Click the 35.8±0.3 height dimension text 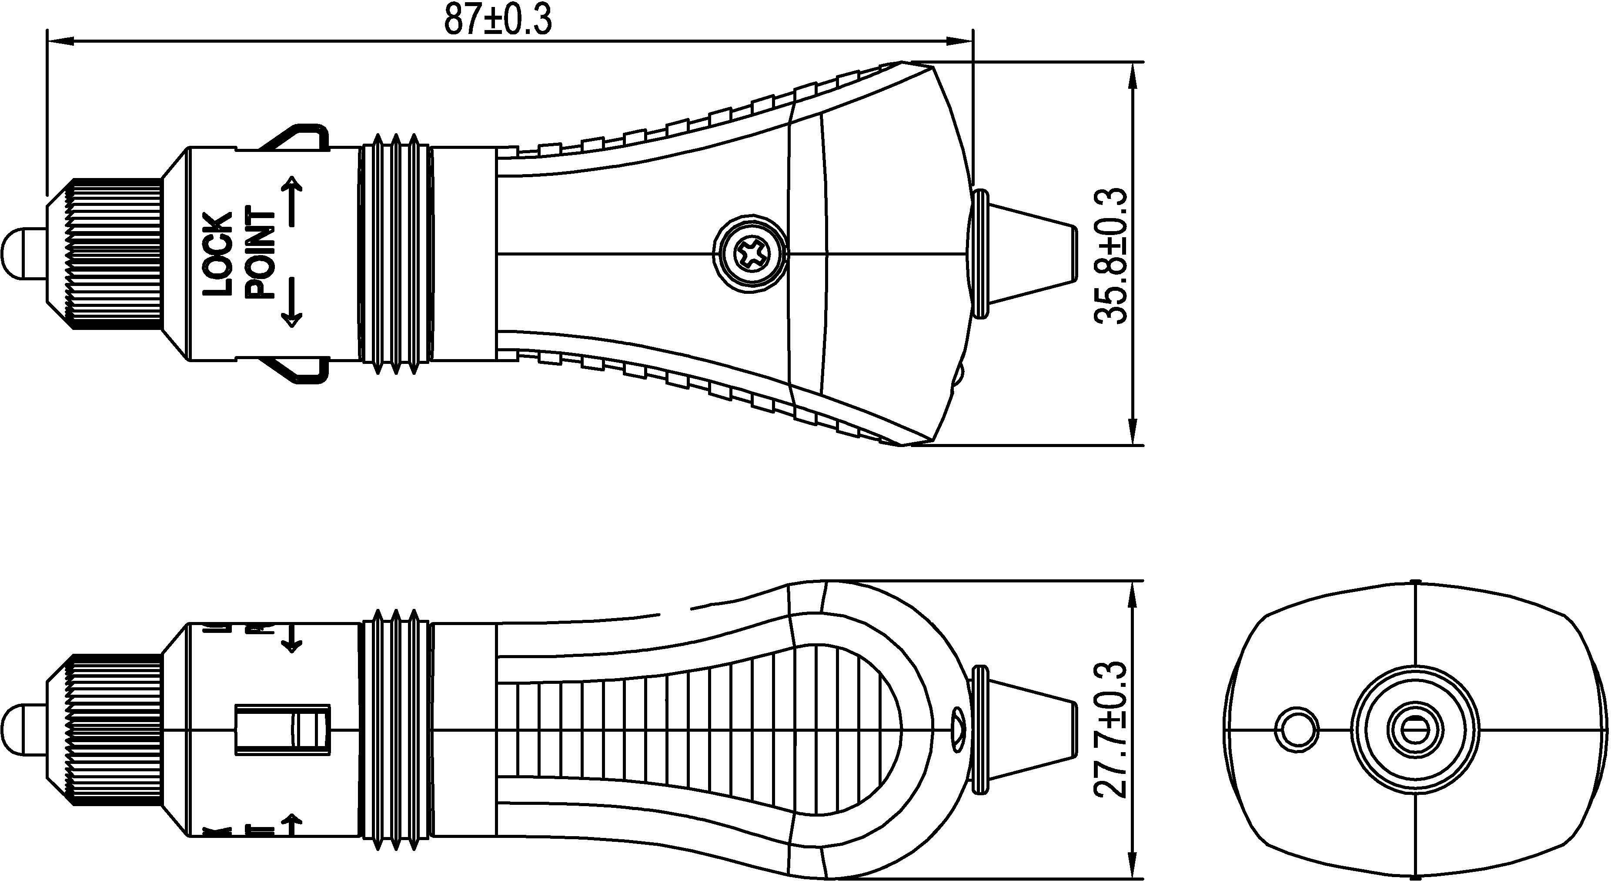[1111, 255]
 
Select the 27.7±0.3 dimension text [1111, 729]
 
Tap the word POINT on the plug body [260, 253]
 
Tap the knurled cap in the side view [116, 729]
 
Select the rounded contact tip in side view [24, 729]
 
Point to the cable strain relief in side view [1026, 729]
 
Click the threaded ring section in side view [395, 729]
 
